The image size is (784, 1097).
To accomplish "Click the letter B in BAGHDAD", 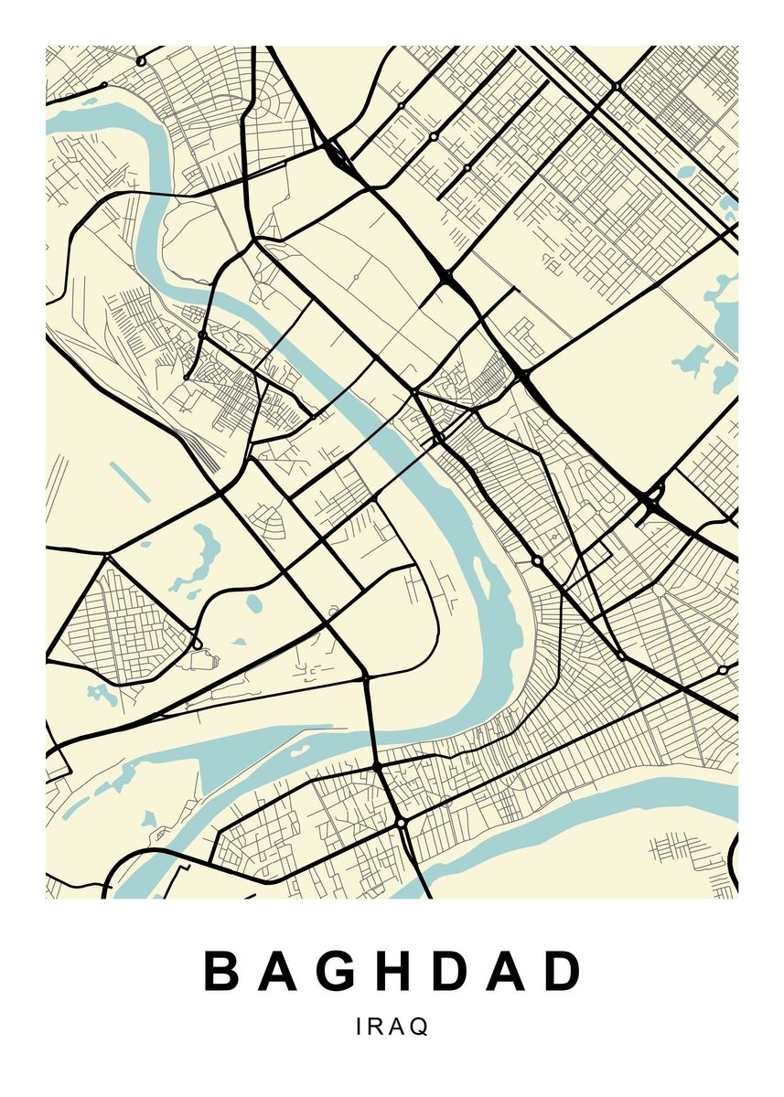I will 221,972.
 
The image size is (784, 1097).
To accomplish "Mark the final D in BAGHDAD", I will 565,972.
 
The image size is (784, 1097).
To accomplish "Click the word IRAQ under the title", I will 392,1027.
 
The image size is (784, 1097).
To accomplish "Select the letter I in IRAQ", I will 360,1027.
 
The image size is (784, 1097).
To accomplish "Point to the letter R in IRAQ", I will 376,1027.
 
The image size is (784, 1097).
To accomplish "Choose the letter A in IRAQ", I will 397,1027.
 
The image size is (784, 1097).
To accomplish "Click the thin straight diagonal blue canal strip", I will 130,481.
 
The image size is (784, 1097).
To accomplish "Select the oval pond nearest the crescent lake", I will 253,603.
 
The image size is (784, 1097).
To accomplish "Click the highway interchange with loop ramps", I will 652,501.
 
